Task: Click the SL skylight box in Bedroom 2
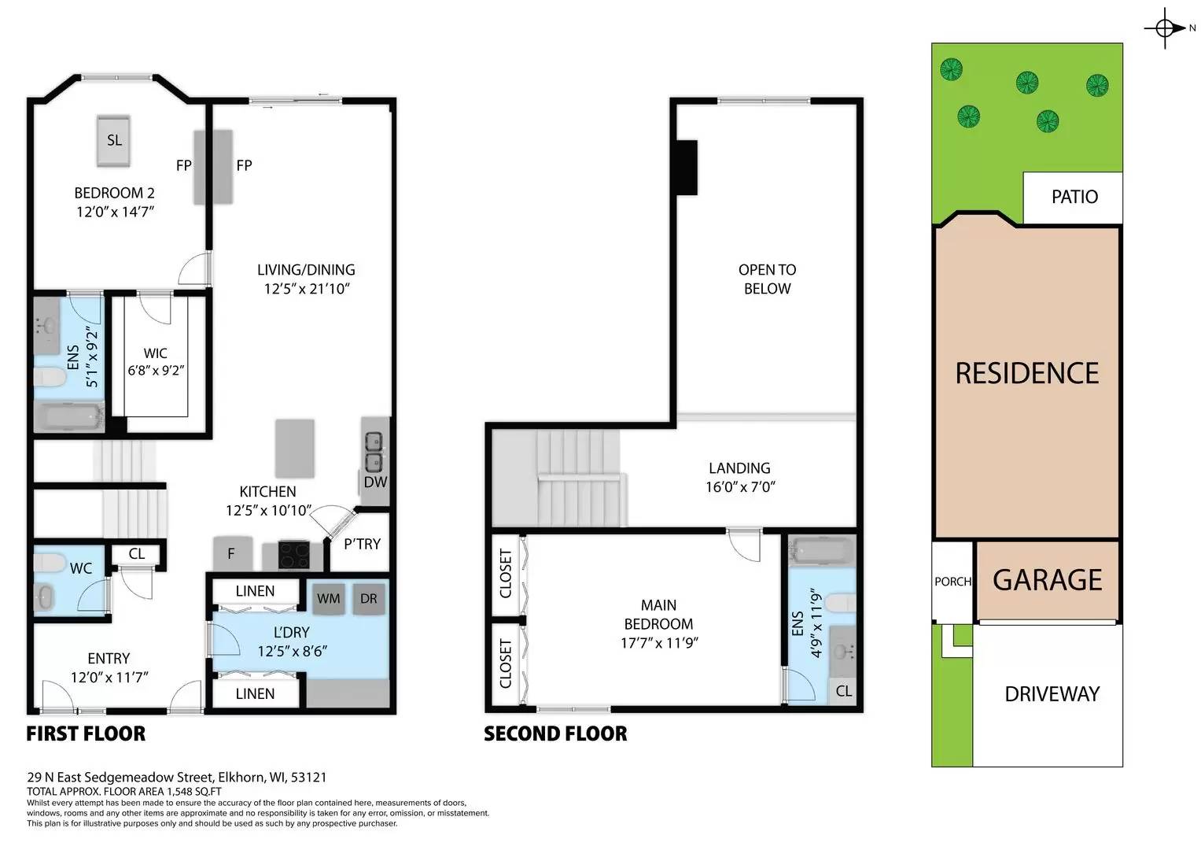(x=114, y=141)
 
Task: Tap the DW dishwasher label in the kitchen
(x=375, y=482)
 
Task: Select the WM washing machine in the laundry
(x=329, y=598)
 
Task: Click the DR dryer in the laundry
(x=369, y=598)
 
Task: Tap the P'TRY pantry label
(x=362, y=544)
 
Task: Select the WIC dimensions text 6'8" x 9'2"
(x=156, y=371)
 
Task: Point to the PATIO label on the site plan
(x=1074, y=197)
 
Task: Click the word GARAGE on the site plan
(x=1047, y=580)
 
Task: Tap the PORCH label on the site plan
(x=952, y=582)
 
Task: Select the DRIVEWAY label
(x=1052, y=694)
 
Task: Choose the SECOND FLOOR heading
(x=555, y=734)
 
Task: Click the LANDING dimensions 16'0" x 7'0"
(x=740, y=487)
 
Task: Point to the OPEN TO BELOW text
(x=767, y=279)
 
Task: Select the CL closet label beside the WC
(x=137, y=554)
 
